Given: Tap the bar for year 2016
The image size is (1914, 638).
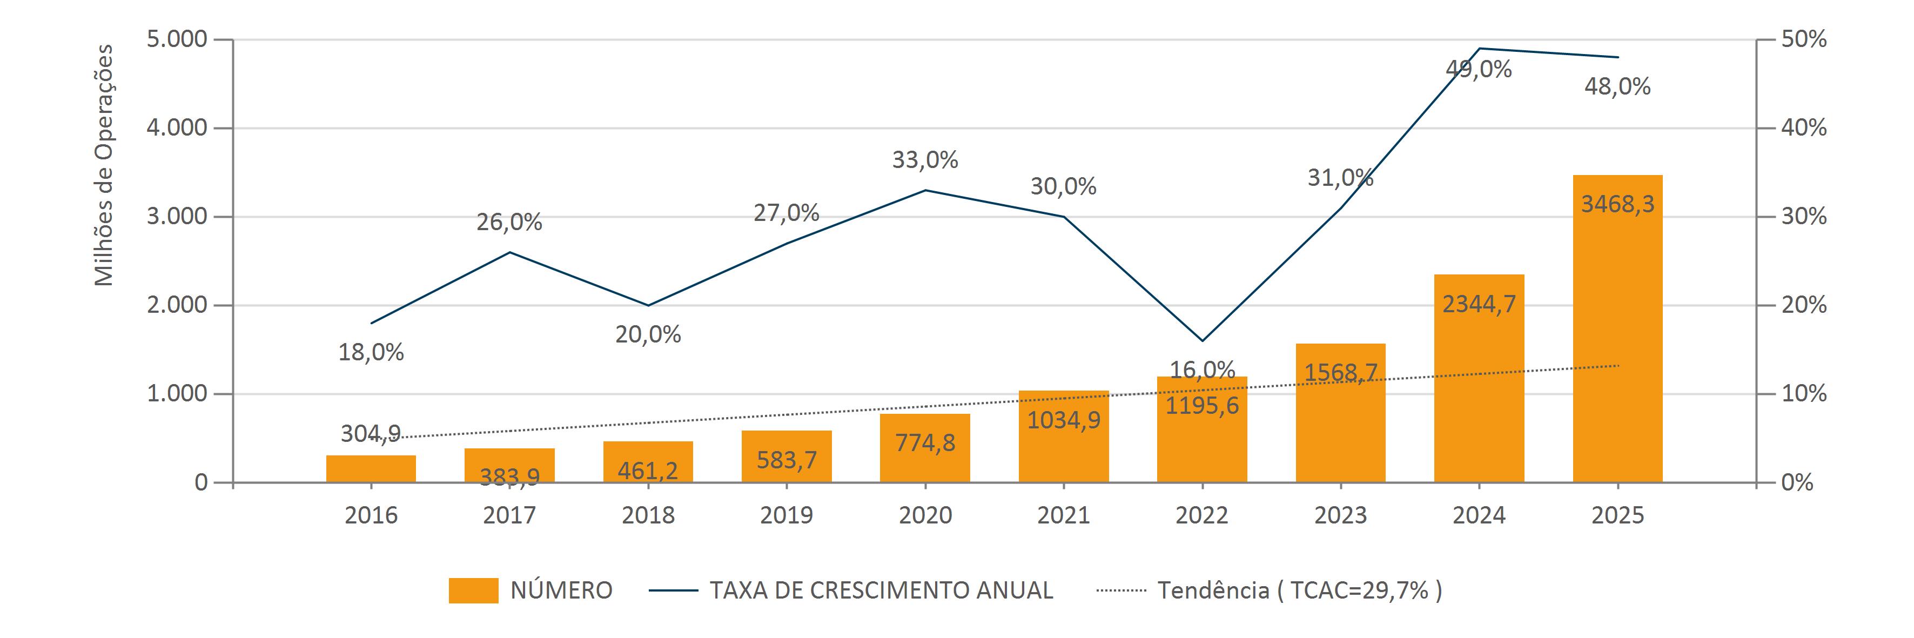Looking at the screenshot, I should point(371,469).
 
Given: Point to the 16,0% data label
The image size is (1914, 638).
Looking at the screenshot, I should point(1202,369).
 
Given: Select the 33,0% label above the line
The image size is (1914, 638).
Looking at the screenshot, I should point(925,160).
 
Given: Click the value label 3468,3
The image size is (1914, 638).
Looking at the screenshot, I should point(1617,204).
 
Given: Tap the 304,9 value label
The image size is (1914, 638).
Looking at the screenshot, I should point(371,433).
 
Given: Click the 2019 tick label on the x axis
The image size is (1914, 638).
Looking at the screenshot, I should point(786,515).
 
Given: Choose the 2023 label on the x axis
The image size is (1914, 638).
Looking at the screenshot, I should point(1340,515).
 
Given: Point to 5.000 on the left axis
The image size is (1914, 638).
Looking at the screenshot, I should point(177,39).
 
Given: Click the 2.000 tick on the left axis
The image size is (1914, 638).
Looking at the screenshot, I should point(177,305).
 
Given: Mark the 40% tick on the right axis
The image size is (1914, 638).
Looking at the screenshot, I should point(1804,127).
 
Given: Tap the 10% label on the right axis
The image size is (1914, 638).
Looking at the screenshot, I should point(1804,394).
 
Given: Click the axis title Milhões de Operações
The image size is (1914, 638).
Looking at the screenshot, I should point(104,165).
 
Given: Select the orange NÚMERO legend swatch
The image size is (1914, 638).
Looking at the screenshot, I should point(473,590).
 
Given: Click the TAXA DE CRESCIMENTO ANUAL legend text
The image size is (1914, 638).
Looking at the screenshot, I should point(881,590).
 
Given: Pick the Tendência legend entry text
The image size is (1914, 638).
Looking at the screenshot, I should point(1300,590).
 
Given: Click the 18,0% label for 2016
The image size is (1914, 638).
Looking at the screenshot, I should point(371,352).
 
